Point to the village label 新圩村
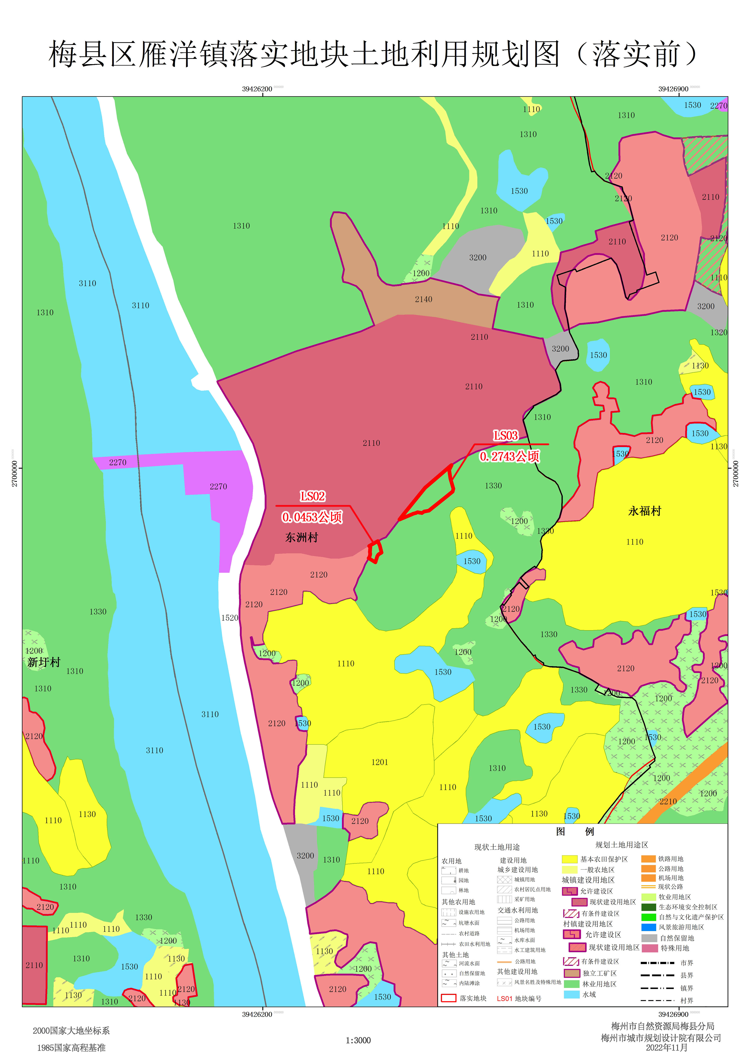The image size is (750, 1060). pyautogui.click(x=44, y=662)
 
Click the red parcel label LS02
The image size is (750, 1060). pyautogui.click(x=313, y=497)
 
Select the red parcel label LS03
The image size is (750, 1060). pyautogui.click(x=506, y=436)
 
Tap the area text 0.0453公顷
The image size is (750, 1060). pyautogui.click(x=312, y=517)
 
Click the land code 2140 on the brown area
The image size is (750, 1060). pyautogui.click(x=423, y=299)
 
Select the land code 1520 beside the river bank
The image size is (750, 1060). pyautogui.click(x=230, y=618)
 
